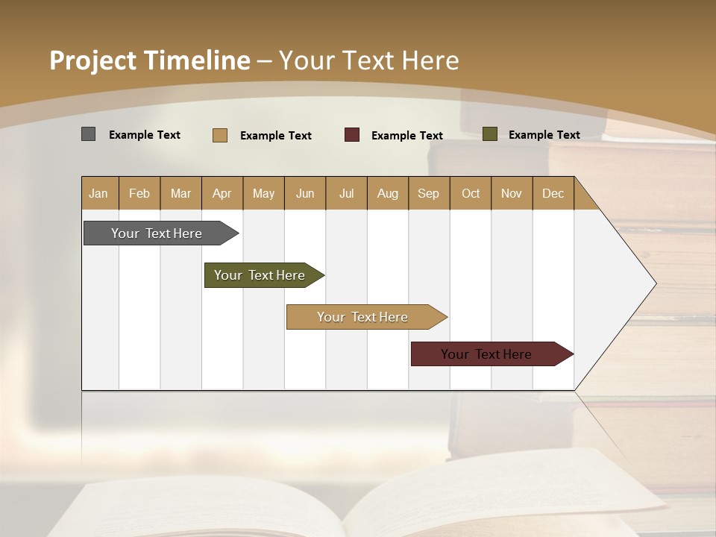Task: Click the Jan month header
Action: [x=99, y=193]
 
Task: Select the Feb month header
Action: [x=139, y=193]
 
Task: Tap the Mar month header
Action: [x=180, y=193]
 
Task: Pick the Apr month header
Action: [x=222, y=193]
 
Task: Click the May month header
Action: [x=263, y=193]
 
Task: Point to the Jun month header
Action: [x=305, y=193]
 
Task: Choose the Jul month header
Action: [x=347, y=193]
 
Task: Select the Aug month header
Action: [x=388, y=193]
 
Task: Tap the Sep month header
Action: [x=429, y=193]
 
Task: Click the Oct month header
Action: [x=471, y=193]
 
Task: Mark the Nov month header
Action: [x=512, y=193]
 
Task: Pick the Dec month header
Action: [x=553, y=193]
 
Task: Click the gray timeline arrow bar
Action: [x=157, y=233]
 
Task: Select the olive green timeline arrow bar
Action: [x=260, y=275]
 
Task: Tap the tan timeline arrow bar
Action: [x=362, y=317]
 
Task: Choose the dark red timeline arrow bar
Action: [x=486, y=354]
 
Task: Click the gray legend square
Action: [x=88, y=134]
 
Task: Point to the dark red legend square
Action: [x=352, y=135]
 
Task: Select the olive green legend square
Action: [x=490, y=134]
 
